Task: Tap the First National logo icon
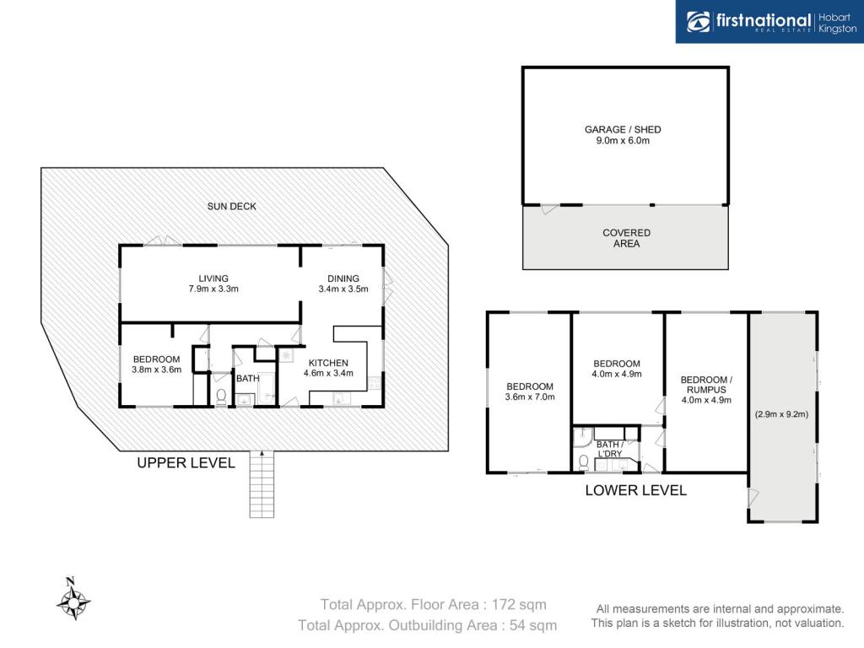698,22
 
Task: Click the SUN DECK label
231,206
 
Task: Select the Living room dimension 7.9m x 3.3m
213,289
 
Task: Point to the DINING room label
343,278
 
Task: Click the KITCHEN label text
328,363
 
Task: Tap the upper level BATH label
247,379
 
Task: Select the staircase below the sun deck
262,484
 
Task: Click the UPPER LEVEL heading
186,463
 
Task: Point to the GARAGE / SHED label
623,129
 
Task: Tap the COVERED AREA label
627,238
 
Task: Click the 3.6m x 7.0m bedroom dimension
530,397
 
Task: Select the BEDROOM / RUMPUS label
706,385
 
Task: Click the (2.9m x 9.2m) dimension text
781,413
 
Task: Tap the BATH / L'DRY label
610,449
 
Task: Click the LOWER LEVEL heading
636,490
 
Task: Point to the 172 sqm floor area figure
519,604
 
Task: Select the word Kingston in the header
838,29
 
